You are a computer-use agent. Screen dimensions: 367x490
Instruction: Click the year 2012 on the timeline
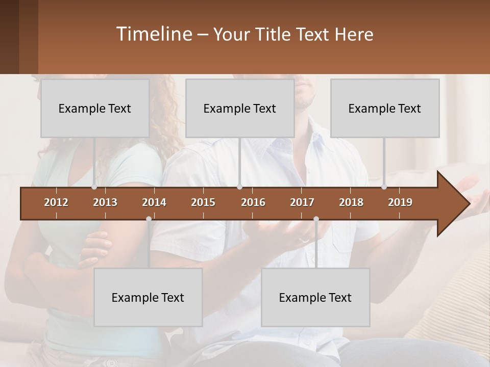[56, 202]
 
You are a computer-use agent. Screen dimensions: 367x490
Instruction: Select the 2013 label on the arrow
[105, 202]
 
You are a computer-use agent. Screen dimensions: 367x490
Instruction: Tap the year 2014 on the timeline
[154, 202]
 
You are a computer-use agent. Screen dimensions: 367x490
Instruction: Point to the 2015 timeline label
[203, 202]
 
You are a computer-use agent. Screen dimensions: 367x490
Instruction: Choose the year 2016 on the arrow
[253, 202]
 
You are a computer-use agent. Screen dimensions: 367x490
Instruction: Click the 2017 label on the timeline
[302, 202]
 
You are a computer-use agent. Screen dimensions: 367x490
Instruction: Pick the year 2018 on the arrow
[351, 202]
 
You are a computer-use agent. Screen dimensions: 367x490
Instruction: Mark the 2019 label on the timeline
[400, 202]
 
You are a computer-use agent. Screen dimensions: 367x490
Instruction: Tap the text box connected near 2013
[95, 108]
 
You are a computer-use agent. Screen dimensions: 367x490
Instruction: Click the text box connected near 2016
[240, 108]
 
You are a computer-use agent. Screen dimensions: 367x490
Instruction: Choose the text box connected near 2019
[385, 108]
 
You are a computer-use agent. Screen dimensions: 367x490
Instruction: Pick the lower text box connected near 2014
[148, 297]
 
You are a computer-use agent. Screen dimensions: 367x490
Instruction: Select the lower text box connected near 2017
[315, 297]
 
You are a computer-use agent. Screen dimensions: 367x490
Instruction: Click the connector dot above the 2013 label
[94, 187]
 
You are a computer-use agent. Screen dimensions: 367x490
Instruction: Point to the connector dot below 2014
[149, 219]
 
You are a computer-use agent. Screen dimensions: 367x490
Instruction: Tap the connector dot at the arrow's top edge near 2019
[384, 187]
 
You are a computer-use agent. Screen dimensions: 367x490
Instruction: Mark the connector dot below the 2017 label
[316, 219]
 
